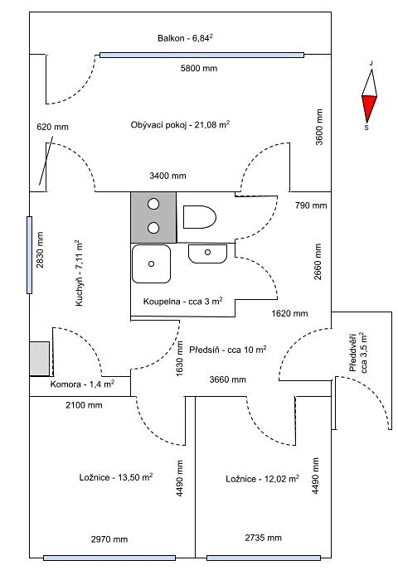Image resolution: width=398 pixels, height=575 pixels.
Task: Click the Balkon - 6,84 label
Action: (x=186, y=38)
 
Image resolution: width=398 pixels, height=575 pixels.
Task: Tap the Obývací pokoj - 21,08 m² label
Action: (x=180, y=124)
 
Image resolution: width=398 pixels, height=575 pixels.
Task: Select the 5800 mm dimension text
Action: (x=199, y=68)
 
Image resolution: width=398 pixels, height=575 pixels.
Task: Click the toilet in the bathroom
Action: (x=199, y=217)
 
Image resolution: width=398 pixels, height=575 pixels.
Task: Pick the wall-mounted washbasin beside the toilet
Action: (x=208, y=254)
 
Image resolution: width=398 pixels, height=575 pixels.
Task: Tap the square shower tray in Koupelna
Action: (x=151, y=263)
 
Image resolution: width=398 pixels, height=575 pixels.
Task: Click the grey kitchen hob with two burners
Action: (x=153, y=217)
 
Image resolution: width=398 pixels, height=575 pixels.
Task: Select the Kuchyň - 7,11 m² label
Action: (x=80, y=273)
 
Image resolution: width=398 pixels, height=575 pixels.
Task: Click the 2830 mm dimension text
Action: (x=40, y=250)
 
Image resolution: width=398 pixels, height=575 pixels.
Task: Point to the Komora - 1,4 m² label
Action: (x=82, y=384)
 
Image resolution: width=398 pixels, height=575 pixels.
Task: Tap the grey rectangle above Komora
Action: (x=39, y=359)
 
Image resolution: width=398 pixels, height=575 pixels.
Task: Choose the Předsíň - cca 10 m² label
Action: (x=228, y=350)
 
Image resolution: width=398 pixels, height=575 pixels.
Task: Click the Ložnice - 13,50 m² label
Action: (x=116, y=477)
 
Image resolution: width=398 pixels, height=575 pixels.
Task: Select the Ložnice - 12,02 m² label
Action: (x=263, y=479)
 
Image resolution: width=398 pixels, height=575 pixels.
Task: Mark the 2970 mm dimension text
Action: (x=109, y=539)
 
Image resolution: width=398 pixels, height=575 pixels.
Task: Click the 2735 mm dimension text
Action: (x=263, y=538)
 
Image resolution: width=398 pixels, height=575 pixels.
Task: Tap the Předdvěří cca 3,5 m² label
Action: (x=358, y=353)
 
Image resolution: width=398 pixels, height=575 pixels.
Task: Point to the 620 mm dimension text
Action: (x=52, y=128)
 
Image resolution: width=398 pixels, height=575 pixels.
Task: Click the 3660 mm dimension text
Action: (x=228, y=379)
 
